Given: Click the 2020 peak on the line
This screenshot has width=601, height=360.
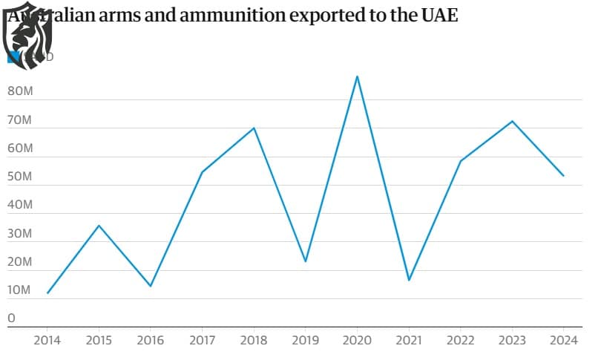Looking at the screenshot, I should pyautogui.click(x=357, y=76).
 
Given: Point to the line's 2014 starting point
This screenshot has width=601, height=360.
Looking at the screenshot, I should pyautogui.click(x=47, y=293).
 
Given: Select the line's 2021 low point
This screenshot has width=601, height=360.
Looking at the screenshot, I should pyautogui.click(x=409, y=280).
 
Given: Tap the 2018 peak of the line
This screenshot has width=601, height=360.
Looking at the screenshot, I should pyautogui.click(x=254, y=128).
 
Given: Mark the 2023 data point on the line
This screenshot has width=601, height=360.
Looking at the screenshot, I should pyautogui.click(x=512, y=121).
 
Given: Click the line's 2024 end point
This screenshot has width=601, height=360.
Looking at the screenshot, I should pyautogui.click(x=563, y=176).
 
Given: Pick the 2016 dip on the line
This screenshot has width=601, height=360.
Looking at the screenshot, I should pyautogui.click(x=151, y=286).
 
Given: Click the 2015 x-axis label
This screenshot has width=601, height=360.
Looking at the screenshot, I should pyautogui.click(x=99, y=341).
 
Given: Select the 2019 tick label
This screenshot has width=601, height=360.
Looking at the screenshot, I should pyautogui.click(x=305, y=341).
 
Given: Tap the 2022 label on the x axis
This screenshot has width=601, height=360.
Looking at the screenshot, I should pyautogui.click(x=460, y=341).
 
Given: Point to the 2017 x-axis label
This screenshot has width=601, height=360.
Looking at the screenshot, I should pyautogui.click(x=202, y=341).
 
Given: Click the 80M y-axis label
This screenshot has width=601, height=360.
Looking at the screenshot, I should pyautogui.click(x=19, y=91).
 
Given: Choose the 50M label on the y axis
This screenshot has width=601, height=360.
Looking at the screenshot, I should pyautogui.click(x=19, y=177).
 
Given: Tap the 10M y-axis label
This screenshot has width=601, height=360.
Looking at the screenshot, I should pyautogui.click(x=19, y=290).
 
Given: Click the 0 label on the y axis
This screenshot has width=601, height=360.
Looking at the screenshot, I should pyautogui.click(x=11, y=318).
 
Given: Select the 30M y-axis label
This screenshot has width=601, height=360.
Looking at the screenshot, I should pyautogui.click(x=19, y=234).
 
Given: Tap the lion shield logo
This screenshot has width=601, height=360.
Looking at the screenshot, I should pyautogui.click(x=27, y=39).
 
